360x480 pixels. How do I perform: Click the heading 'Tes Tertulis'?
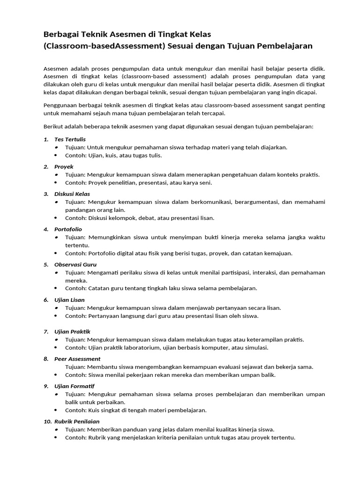pos(70,139)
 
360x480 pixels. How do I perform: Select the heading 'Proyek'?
pos(64,166)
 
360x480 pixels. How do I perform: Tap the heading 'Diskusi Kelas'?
pos(72,194)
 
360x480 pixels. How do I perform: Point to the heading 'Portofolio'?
pos(68,229)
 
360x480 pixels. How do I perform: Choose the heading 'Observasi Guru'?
pos(75,264)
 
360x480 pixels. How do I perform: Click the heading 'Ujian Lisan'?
pos(69,300)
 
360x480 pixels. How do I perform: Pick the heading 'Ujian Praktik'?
pos(72,331)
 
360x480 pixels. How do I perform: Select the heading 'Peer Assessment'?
pos(77,359)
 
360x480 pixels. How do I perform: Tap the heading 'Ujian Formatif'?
pos(75,386)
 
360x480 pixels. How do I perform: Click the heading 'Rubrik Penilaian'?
pos(77,421)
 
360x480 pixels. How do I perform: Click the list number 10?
pos(47,421)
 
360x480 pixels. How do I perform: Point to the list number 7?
pos(46,331)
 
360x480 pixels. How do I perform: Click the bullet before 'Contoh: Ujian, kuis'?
pos(56,155)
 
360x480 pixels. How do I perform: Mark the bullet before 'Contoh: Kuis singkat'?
pos(56,410)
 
